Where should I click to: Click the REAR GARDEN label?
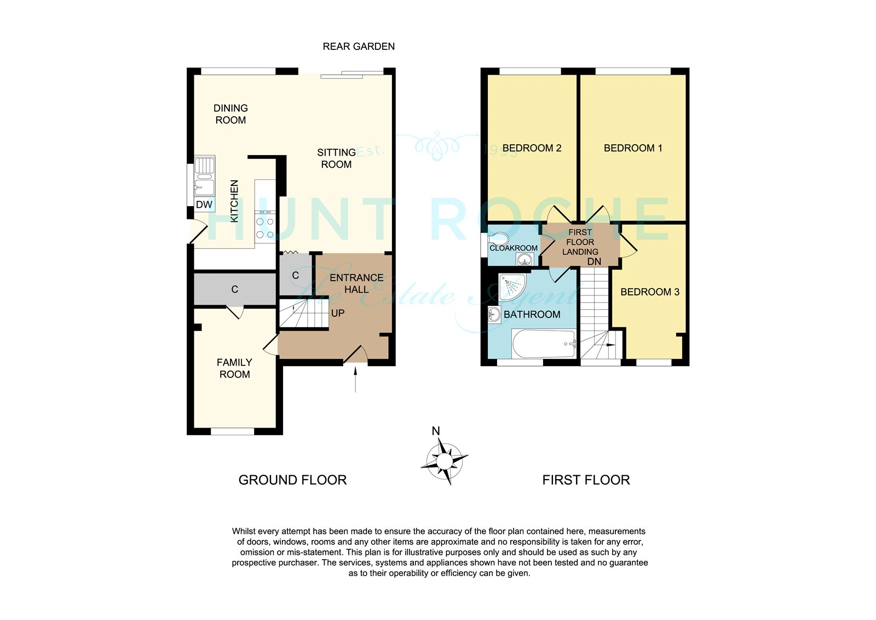[x=359, y=47]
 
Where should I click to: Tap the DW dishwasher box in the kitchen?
[x=204, y=204]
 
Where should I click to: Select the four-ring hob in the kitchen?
[x=265, y=227]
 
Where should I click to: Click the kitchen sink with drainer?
[x=205, y=177]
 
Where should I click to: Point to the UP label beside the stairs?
[x=337, y=314]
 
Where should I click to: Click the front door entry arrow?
[x=355, y=379]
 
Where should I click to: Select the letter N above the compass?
[x=436, y=431]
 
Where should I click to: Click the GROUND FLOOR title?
[x=292, y=480]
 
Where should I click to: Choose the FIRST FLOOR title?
[x=586, y=480]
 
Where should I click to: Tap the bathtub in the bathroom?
[x=544, y=344]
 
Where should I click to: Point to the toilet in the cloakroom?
[x=499, y=238]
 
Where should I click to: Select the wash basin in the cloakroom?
[x=524, y=259]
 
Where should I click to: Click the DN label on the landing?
[x=594, y=261]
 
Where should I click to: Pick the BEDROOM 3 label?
[x=649, y=292]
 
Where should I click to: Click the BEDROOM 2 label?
[x=532, y=148]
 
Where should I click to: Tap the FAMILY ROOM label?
[x=235, y=368]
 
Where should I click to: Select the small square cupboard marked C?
[x=295, y=275]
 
